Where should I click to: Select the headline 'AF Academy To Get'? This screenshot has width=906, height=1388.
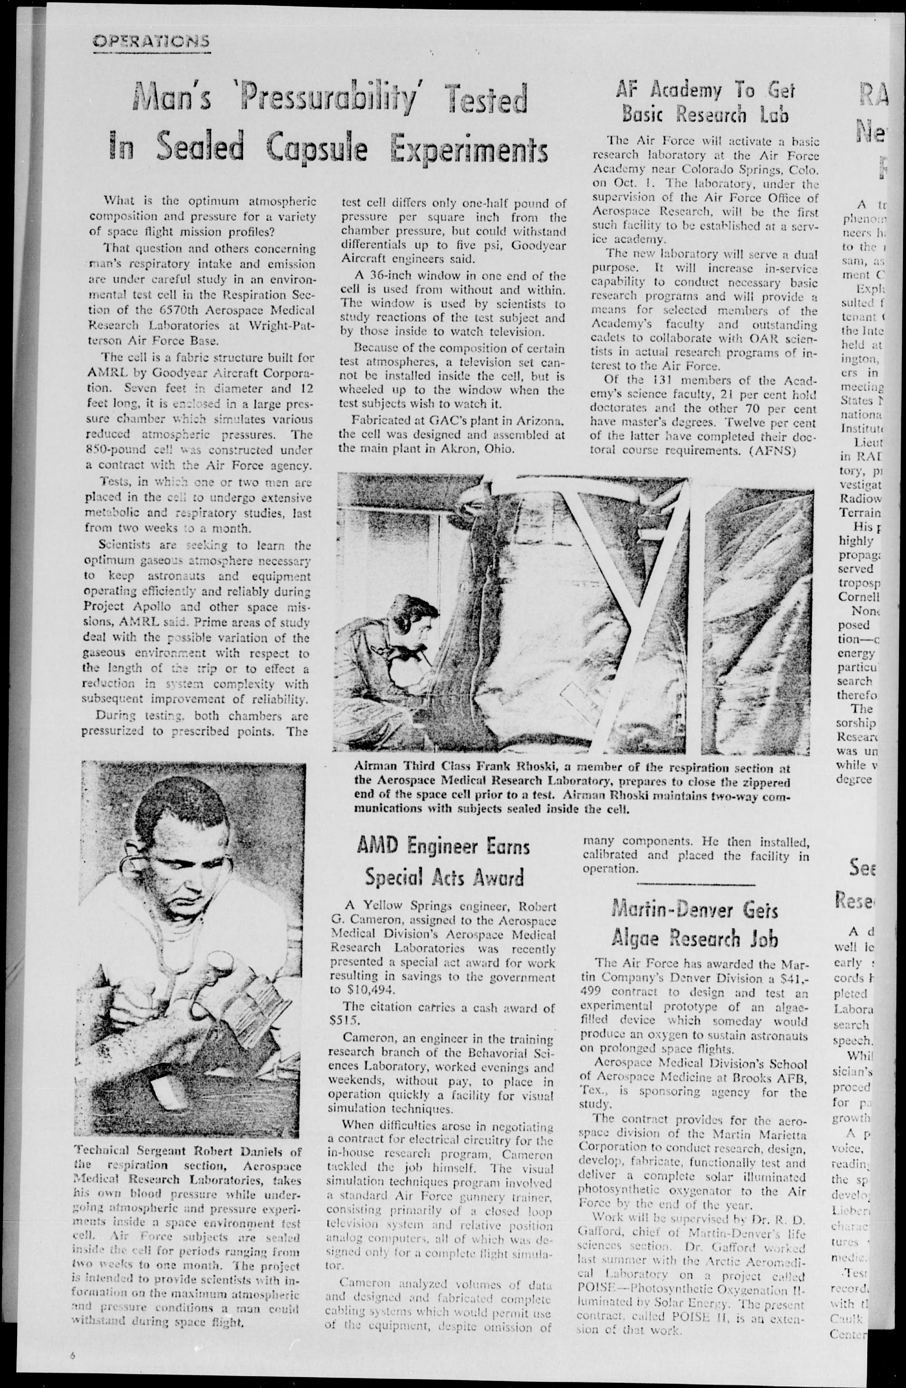pyautogui.click(x=706, y=90)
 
